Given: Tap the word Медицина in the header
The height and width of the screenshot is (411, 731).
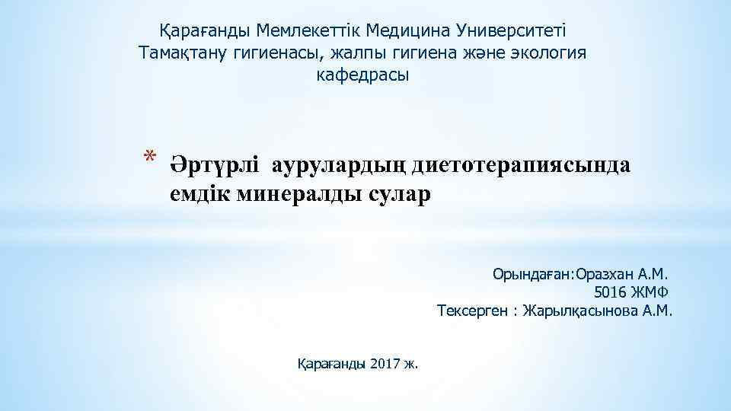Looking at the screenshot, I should (x=407, y=32).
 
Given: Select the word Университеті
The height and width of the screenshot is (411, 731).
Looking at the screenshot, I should (x=514, y=32).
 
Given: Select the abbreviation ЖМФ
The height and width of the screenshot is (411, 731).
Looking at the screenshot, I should (x=653, y=292).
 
